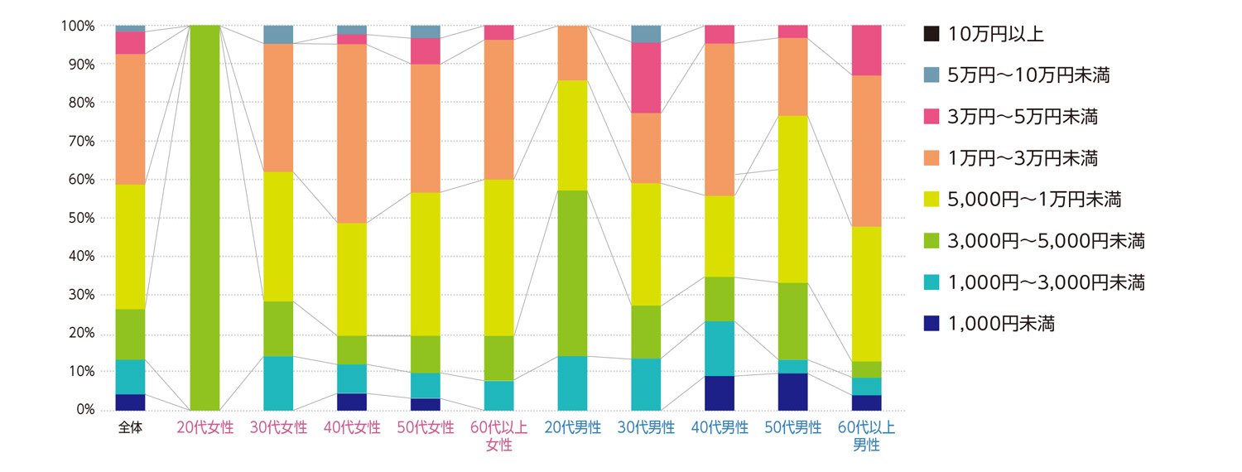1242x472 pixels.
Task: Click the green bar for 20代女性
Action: point(205,218)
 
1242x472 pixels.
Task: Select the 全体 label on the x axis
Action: point(130,428)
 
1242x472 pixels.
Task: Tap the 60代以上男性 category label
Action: point(867,436)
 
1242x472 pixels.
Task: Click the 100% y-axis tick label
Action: point(76,26)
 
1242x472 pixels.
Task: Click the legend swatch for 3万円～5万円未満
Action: point(931,117)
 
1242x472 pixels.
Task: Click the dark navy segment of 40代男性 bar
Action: point(720,393)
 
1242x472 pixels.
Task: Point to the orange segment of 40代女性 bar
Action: point(352,133)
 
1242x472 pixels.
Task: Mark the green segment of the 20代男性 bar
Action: point(572,273)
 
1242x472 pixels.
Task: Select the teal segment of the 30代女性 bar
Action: point(278,383)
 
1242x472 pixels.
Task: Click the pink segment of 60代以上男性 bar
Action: point(866,51)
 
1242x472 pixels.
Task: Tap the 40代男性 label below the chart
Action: point(720,428)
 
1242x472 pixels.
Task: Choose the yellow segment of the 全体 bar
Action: point(130,247)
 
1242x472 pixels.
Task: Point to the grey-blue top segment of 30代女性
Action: point(278,35)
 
